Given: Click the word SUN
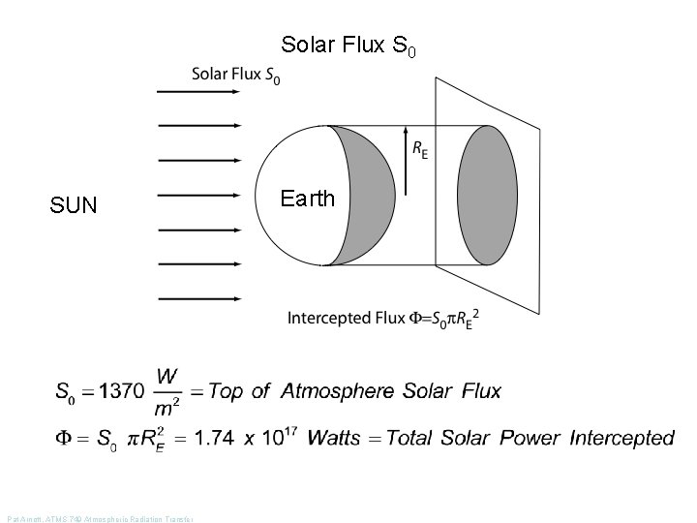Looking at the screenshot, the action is pos(74,205).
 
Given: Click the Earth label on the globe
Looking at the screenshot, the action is pos(307,199).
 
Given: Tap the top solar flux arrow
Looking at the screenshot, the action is pos(198,90).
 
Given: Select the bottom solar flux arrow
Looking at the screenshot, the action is pos(198,299).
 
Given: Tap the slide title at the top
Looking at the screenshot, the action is pos(348,46).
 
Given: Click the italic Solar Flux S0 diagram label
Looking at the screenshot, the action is pos(236,75).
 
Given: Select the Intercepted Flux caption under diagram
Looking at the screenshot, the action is pos(383,318).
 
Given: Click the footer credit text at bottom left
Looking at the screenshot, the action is pos(100,519).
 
